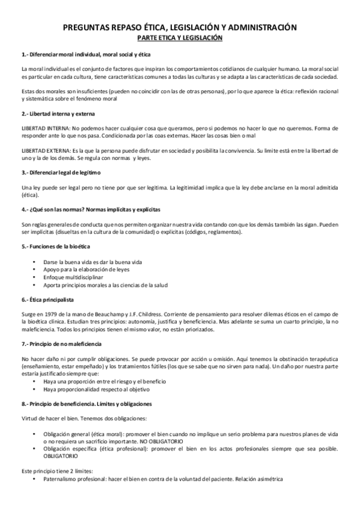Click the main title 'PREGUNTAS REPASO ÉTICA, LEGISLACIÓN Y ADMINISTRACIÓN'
click(180, 27)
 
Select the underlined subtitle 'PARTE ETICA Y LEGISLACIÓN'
click(180, 37)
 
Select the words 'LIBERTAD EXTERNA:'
click(45, 150)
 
